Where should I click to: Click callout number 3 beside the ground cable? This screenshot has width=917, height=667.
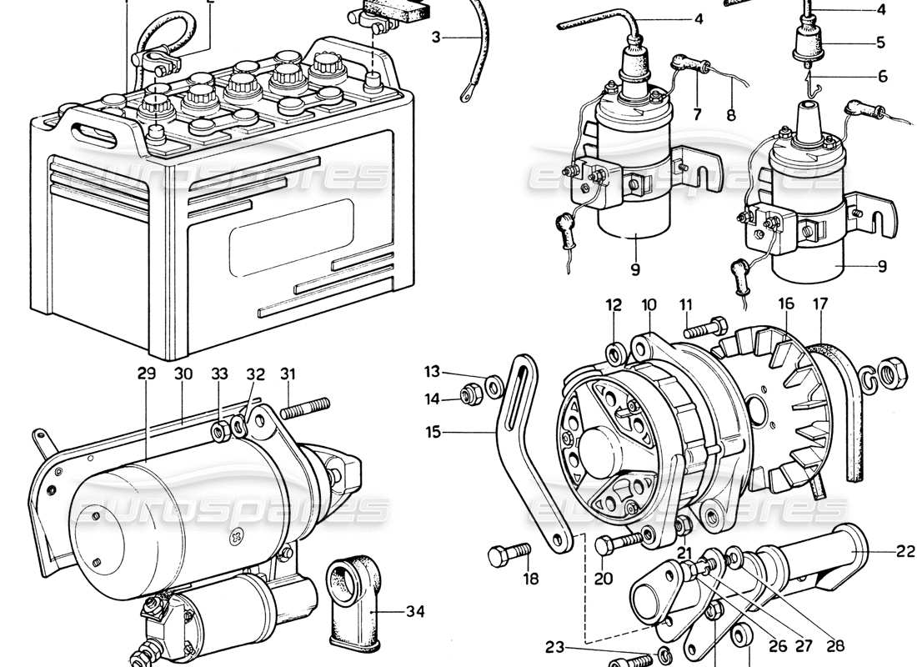(439, 37)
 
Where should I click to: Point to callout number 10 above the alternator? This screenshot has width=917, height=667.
(649, 305)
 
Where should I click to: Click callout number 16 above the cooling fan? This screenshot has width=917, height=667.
(785, 305)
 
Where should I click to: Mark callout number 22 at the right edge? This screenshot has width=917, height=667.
(905, 551)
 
